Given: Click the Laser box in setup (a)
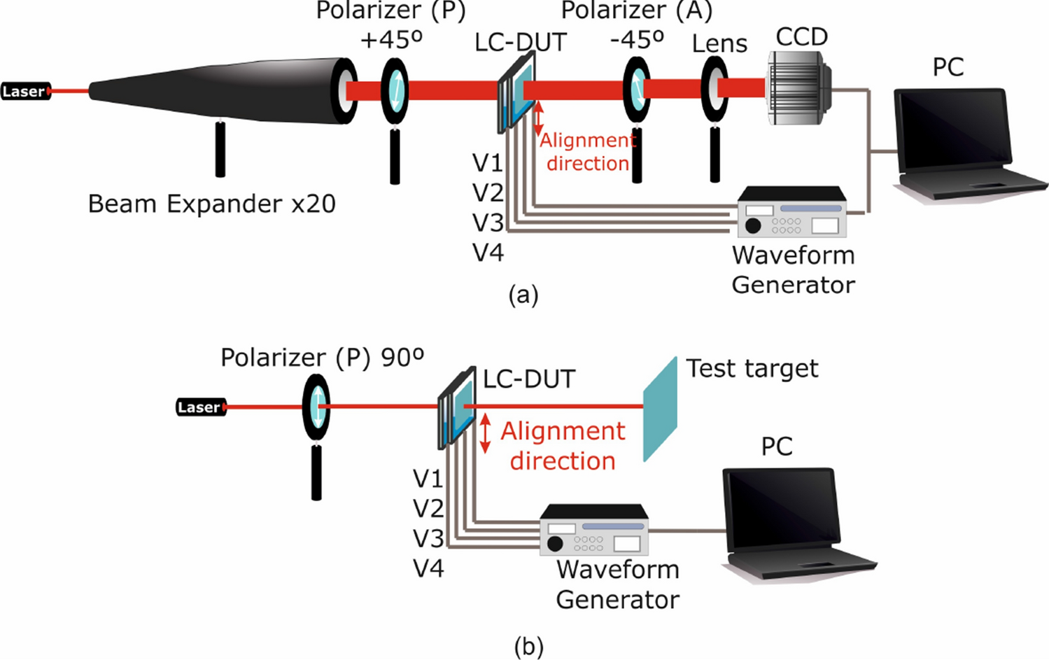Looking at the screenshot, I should click(25, 91).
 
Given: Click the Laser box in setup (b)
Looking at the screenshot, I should click(200, 407).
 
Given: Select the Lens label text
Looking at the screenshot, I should click(719, 44).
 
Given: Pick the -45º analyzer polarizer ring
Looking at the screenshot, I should click(637, 90).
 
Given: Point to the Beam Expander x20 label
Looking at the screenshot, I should click(211, 204).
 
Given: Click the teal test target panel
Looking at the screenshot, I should click(660, 409).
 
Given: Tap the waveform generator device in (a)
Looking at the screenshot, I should click(792, 213).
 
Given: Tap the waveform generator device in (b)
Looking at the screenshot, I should click(594, 531).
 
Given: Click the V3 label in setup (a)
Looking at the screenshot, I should click(488, 223).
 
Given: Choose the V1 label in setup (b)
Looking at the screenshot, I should click(428, 479).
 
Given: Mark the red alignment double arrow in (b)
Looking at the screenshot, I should click(485, 433).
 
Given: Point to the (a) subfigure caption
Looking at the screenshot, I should click(523, 295).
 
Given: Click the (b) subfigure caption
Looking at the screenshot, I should click(528, 646).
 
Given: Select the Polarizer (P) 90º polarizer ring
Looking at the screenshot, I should click(316, 407).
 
